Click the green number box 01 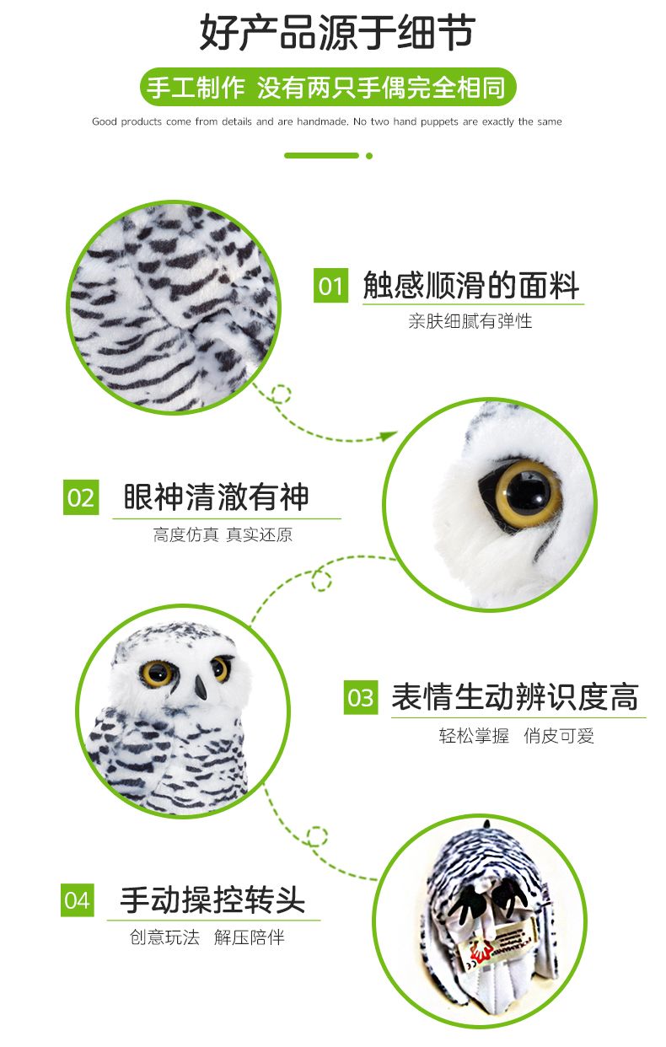[330, 285]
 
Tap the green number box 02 [81, 497]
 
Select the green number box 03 [361, 697]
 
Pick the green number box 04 [77, 899]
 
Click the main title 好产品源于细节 [337, 32]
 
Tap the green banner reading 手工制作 [328, 87]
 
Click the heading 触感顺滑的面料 [471, 285]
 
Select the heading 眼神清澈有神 [216, 497]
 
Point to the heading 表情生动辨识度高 [515, 696]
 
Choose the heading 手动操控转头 [212, 899]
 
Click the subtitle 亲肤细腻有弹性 [470, 321]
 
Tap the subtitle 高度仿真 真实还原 [223, 534]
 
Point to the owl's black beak [201, 688]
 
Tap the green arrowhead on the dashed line [388, 436]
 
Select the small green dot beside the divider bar [369, 156]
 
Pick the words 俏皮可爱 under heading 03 [559, 736]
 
